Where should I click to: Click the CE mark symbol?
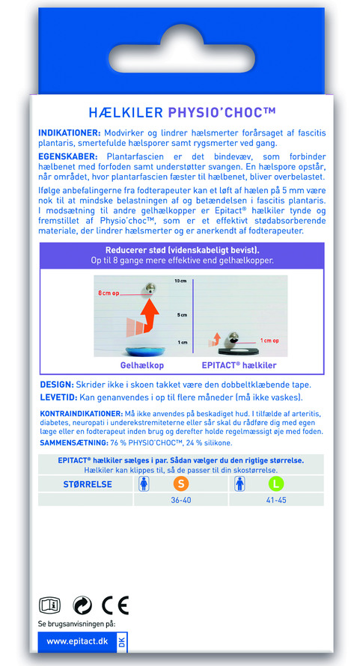[115, 605]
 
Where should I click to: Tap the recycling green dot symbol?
[82, 605]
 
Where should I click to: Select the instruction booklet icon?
[49, 605]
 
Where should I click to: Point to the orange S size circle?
[181, 483]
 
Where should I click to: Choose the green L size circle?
[276, 483]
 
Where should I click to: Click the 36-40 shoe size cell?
[181, 500]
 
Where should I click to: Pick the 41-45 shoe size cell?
[276, 500]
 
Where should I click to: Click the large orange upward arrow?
[148, 315]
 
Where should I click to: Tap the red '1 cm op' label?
[270, 340]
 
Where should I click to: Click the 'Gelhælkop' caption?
[142, 365]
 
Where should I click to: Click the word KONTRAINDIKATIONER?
[81, 414]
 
